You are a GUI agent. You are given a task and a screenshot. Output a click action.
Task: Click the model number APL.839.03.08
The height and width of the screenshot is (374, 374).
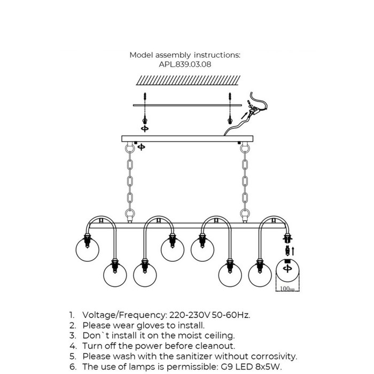click(x=184, y=64)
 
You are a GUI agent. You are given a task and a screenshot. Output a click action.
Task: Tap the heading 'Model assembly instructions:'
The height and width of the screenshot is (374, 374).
click(x=185, y=55)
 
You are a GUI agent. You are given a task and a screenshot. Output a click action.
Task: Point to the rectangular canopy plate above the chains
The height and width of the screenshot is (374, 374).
click(x=186, y=138)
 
